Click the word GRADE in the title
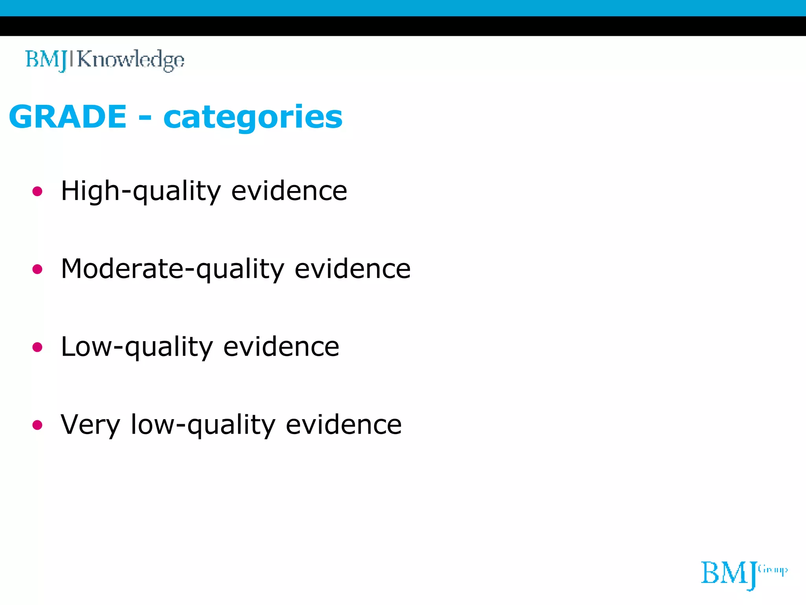68,117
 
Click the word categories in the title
253,117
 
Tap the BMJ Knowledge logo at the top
105,60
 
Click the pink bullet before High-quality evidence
37,192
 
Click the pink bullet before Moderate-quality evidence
37,269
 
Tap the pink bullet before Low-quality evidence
37,347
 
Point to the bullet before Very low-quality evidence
37,425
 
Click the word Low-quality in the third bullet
137,347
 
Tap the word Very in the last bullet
90,425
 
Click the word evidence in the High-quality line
289,191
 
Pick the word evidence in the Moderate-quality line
353,269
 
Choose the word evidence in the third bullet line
281,347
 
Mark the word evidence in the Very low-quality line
344,425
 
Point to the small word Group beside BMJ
773,570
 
